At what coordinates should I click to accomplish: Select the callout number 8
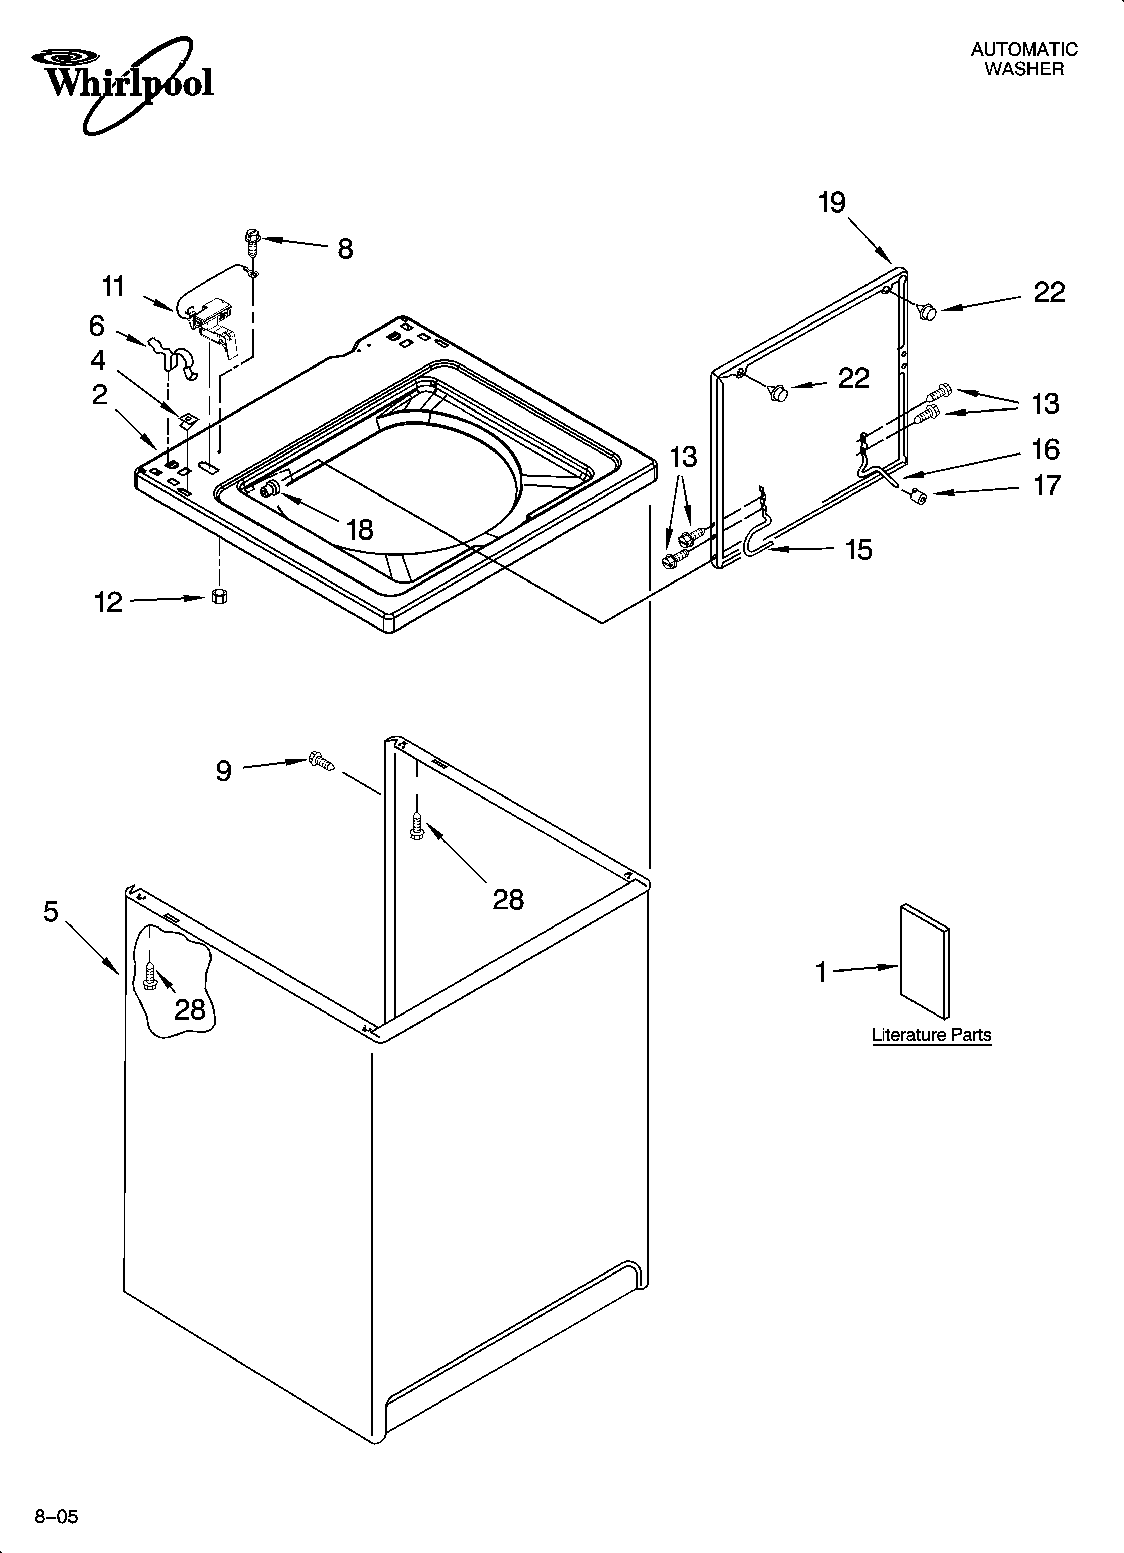[x=346, y=249]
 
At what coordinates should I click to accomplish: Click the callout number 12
[x=108, y=603]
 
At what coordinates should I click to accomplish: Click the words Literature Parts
[x=931, y=1035]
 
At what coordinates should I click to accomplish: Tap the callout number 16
[x=1045, y=450]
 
